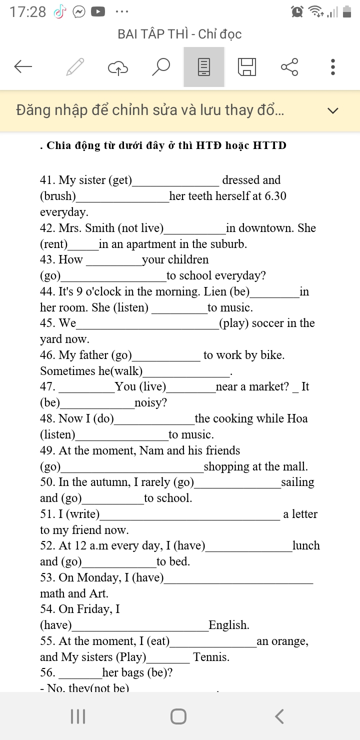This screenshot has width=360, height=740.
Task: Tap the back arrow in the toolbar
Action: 23,66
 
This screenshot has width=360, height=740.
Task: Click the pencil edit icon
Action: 75,66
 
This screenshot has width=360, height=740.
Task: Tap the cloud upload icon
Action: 118,67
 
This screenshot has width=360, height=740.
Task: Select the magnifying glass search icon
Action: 161,66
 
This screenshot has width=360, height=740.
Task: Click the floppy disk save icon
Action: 246,66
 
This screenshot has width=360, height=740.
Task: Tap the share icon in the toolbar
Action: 289,66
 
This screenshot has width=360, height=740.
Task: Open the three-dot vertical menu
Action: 333,66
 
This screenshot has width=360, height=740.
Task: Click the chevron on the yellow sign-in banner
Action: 333,110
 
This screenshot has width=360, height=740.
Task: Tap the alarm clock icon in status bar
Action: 297,11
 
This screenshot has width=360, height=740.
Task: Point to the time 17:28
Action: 27,12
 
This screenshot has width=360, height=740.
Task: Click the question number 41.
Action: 47,180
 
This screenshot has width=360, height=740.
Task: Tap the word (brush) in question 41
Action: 58,196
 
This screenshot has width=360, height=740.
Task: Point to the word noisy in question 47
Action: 150,402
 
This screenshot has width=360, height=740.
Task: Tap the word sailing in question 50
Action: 297,482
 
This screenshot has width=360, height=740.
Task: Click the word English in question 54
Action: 228,625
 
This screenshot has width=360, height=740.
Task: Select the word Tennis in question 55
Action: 211,657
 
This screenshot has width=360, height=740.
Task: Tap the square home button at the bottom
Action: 178,716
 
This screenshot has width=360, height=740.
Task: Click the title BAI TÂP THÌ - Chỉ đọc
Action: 179,34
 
